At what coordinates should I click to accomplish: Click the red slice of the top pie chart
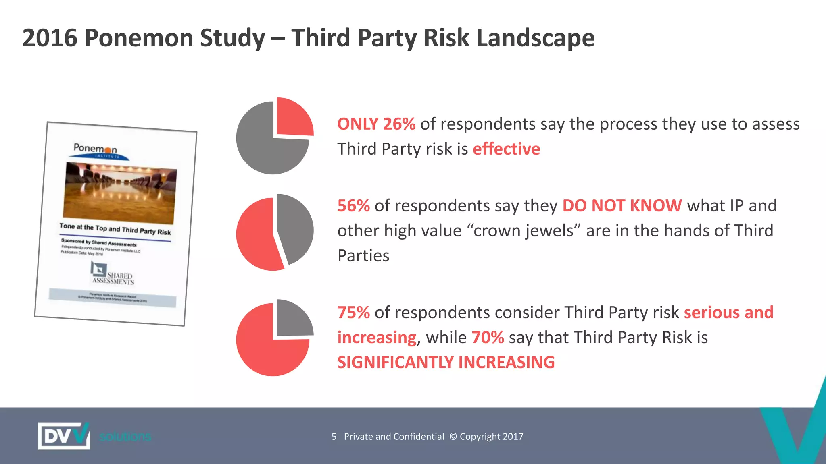[293, 118]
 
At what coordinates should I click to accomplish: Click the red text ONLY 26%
[376, 124]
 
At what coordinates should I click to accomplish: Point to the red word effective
[506, 149]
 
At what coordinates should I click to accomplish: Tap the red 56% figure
[353, 206]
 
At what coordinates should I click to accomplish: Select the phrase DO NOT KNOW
[622, 206]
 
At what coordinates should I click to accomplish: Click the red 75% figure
[353, 313]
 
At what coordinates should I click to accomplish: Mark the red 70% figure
[488, 338]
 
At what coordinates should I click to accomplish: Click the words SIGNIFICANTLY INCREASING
[446, 362]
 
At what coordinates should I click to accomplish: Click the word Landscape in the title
[535, 38]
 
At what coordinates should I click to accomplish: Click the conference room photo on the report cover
[120, 193]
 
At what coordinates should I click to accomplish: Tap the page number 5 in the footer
[334, 437]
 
